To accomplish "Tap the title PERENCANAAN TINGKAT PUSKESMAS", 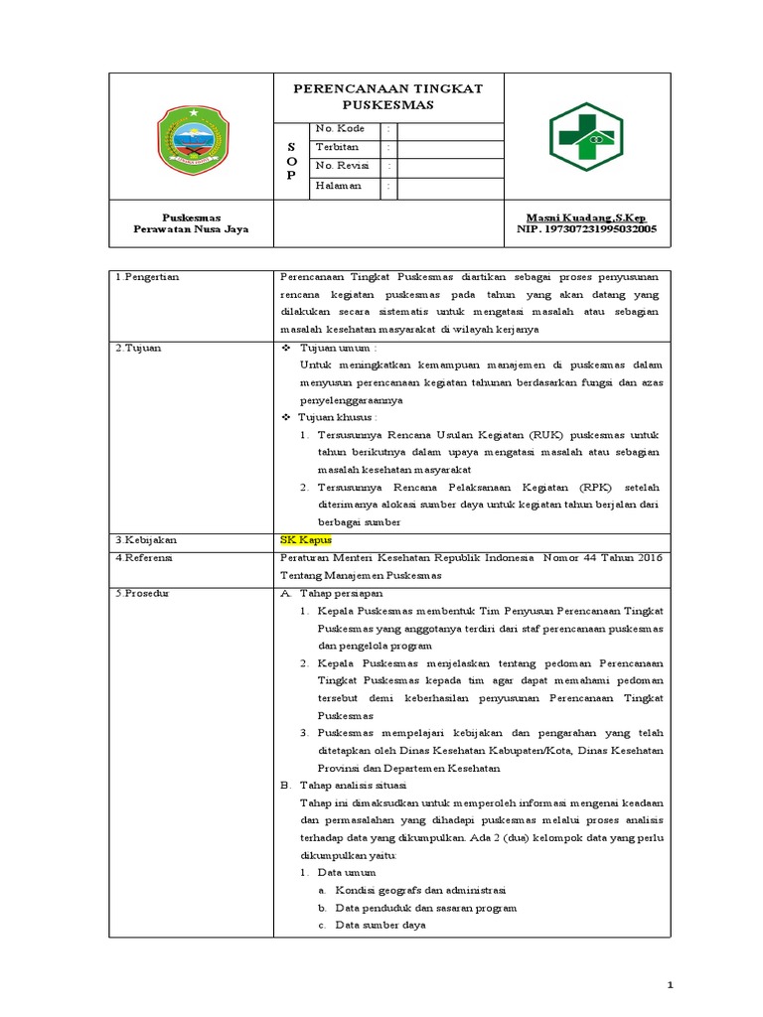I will click(x=387, y=96).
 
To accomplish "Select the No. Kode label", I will click(x=341, y=129).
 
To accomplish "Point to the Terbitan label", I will click(x=337, y=147).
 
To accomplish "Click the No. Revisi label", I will click(x=342, y=166).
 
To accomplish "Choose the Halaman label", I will click(x=339, y=185).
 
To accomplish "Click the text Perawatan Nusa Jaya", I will click(x=191, y=229).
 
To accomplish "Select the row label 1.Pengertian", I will click(x=147, y=277).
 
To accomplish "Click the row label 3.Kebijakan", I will click(x=145, y=539).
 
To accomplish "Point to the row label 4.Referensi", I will click(x=145, y=557).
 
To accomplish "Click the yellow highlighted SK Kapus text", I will click(x=305, y=539).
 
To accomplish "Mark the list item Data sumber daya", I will click(x=381, y=925).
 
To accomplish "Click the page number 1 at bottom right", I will click(x=671, y=984).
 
